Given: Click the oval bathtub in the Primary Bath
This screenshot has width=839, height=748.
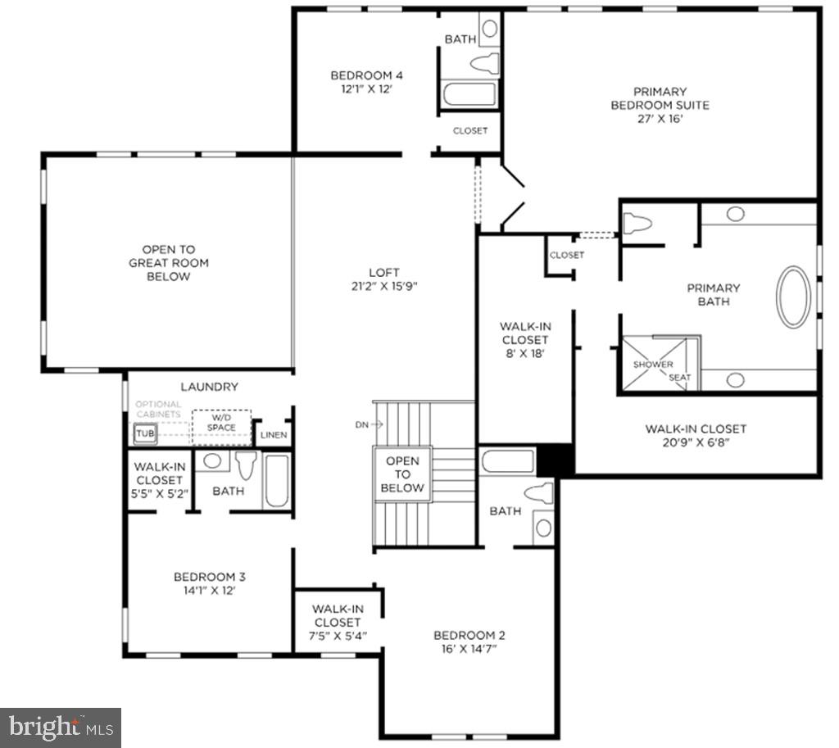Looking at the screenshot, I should [793, 297].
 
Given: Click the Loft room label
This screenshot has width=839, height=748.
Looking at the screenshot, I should [383, 279].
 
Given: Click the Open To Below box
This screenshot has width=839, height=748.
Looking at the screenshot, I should [402, 474].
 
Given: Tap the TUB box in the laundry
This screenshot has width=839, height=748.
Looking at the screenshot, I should [144, 433].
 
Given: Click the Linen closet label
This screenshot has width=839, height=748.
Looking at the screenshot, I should [273, 434].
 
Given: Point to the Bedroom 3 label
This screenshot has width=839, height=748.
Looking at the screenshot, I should [206, 583].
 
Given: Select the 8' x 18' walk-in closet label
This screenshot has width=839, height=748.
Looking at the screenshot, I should [524, 340].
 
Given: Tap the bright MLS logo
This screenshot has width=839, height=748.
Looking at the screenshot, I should [61, 727].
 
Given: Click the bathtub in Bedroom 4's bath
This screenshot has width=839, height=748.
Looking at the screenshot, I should [469, 94].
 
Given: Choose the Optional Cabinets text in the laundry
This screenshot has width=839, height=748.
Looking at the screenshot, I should [159, 410].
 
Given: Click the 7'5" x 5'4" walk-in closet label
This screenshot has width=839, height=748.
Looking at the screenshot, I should [337, 622].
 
